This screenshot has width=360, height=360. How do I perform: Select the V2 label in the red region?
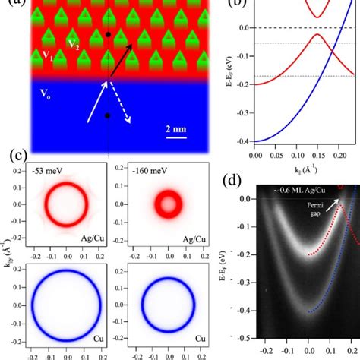click(74, 43)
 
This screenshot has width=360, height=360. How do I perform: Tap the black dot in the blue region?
click(108, 116)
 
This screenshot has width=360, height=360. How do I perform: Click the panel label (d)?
click(237, 182)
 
